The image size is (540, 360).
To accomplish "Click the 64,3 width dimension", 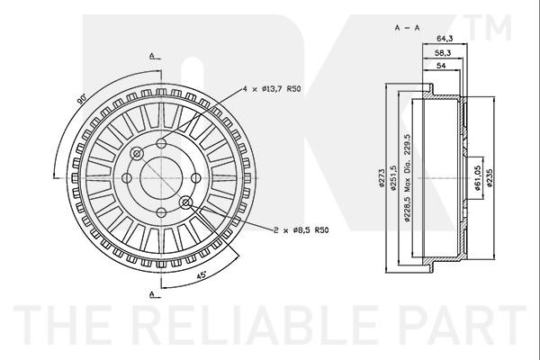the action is click(445, 39).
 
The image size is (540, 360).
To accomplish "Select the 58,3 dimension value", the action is click(443, 52).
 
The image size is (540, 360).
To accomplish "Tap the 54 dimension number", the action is click(441, 66).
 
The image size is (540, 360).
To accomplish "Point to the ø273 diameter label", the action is click(381, 178).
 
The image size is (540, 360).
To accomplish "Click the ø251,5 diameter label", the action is click(393, 178).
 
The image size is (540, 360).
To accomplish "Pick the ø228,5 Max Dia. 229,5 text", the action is click(408, 178).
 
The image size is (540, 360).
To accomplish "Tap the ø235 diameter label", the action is click(490, 178).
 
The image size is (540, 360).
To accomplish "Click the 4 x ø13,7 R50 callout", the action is click(272, 89).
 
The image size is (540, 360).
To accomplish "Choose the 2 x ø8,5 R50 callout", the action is click(301, 229).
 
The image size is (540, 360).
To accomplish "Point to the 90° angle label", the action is click(82, 99).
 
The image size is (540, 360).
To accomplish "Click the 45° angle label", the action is click(201, 275).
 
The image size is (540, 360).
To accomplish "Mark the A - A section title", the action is click(408, 28).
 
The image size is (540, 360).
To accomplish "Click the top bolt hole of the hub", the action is click(161, 143).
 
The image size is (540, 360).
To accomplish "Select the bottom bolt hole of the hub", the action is click(161, 212).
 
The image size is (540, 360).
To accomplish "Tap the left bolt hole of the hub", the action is click(127, 178).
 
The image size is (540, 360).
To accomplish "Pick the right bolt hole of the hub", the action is click(195, 178).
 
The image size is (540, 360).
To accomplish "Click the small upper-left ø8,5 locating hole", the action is click(137, 154).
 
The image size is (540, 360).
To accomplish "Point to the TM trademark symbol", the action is click(489, 27).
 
